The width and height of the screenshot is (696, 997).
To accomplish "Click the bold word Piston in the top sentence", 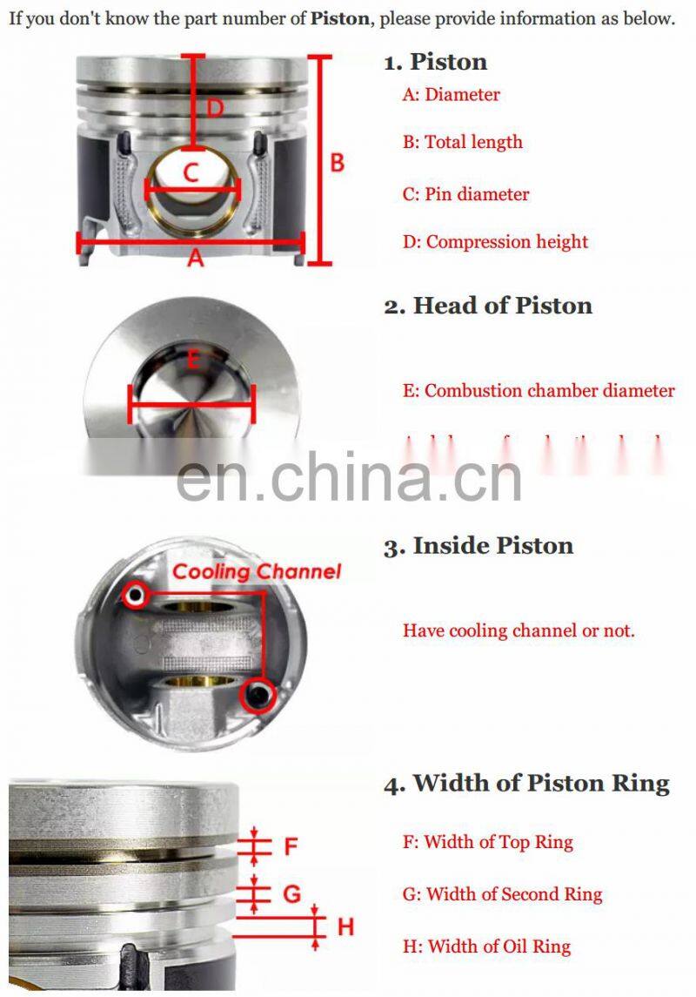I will (339, 18).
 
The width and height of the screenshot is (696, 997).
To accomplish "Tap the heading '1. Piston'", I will (436, 62).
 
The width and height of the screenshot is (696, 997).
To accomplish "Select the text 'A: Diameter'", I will (451, 95).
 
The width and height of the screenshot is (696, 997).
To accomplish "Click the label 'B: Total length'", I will (462, 142).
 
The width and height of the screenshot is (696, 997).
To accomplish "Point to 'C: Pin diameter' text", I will (465, 194).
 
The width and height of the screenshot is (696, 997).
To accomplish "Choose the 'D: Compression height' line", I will (495, 242).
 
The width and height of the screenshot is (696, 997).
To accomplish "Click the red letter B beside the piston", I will (337, 163).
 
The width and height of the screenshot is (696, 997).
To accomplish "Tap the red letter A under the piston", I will (196, 258).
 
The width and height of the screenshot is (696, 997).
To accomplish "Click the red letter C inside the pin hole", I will (192, 172).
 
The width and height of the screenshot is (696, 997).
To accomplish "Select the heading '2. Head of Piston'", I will (488, 306).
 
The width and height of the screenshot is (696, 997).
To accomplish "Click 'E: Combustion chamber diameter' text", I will (538, 391).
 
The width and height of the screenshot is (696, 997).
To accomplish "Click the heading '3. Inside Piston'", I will (478, 546).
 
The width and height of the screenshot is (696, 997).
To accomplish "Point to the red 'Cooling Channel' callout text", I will (257, 572).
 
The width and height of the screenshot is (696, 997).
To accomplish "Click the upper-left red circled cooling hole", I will (134, 596).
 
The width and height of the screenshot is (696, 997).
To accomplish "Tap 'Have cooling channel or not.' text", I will (519, 630).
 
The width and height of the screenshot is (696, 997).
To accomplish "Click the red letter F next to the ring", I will (291, 845).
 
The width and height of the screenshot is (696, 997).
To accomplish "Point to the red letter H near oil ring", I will (345, 926).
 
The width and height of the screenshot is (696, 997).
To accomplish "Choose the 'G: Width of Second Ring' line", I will (502, 894).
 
